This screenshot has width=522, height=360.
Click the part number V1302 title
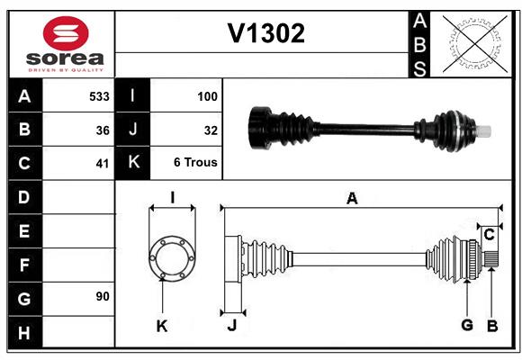(265, 33)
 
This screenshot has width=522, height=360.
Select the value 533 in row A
(99, 95)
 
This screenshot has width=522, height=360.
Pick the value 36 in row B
(103, 130)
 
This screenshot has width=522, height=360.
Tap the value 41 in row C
(103, 164)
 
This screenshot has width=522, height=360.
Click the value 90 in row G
(102, 296)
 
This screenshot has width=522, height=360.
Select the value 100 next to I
(207, 95)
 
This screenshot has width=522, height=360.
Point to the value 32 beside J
(211, 130)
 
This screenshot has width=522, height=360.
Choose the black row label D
(24, 197)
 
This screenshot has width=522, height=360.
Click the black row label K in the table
(133, 163)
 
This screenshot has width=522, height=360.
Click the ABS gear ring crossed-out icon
(473, 43)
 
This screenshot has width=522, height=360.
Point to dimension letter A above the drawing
(352, 200)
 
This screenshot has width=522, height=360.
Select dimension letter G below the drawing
(466, 325)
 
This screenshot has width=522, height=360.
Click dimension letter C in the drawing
(489, 235)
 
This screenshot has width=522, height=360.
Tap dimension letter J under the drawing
(231, 326)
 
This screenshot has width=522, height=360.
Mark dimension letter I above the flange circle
(171, 197)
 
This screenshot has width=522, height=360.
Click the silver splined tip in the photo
(484, 131)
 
